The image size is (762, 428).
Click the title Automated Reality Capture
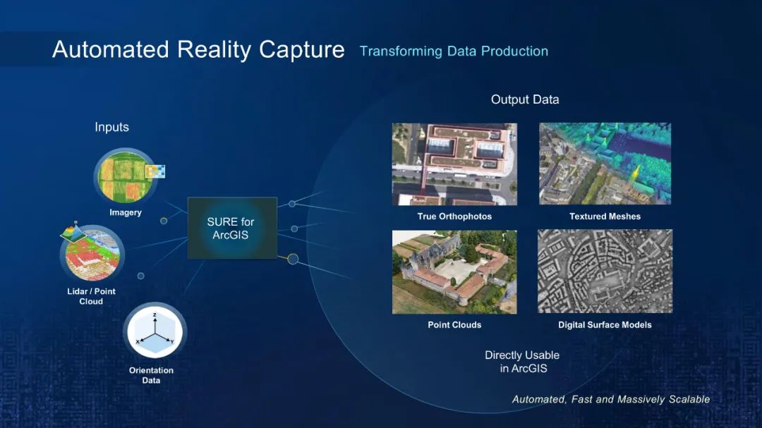(x=198, y=49)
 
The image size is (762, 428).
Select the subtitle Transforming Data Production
(x=454, y=51)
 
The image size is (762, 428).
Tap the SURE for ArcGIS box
(x=232, y=228)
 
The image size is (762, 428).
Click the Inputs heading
(x=111, y=128)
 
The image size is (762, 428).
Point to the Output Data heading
(x=525, y=99)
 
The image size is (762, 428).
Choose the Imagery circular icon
(x=126, y=176)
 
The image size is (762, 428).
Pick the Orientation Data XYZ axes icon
(x=155, y=331)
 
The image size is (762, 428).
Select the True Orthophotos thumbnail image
(x=454, y=164)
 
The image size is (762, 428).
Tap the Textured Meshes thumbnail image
(x=605, y=164)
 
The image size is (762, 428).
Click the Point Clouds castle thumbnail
(x=454, y=272)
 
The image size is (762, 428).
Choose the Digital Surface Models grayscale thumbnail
(x=605, y=271)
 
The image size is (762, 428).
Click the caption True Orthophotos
(x=454, y=216)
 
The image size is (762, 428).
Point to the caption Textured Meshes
(x=605, y=216)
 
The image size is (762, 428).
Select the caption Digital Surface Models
(x=605, y=325)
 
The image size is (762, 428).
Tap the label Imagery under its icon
(x=126, y=213)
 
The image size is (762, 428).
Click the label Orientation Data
(x=151, y=375)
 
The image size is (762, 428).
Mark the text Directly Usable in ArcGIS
(x=522, y=362)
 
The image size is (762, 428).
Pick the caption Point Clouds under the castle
(x=454, y=325)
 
